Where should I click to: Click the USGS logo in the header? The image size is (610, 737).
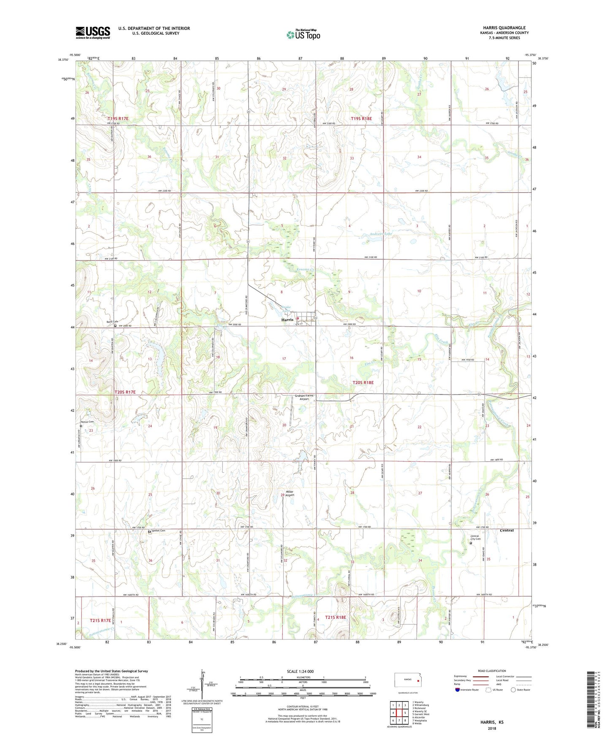click(93, 33)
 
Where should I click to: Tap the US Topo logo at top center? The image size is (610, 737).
click(303, 35)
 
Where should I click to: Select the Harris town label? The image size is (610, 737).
click(287, 320)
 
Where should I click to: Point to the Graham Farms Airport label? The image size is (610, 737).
click(304, 397)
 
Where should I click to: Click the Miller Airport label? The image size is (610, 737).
click(290, 493)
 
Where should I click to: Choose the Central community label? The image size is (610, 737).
click(507, 530)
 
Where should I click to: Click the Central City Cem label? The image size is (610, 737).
click(475, 538)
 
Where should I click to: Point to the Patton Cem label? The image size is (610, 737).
click(87, 422)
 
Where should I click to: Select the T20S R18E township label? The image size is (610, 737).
click(363, 382)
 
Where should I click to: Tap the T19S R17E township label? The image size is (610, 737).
click(118, 119)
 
